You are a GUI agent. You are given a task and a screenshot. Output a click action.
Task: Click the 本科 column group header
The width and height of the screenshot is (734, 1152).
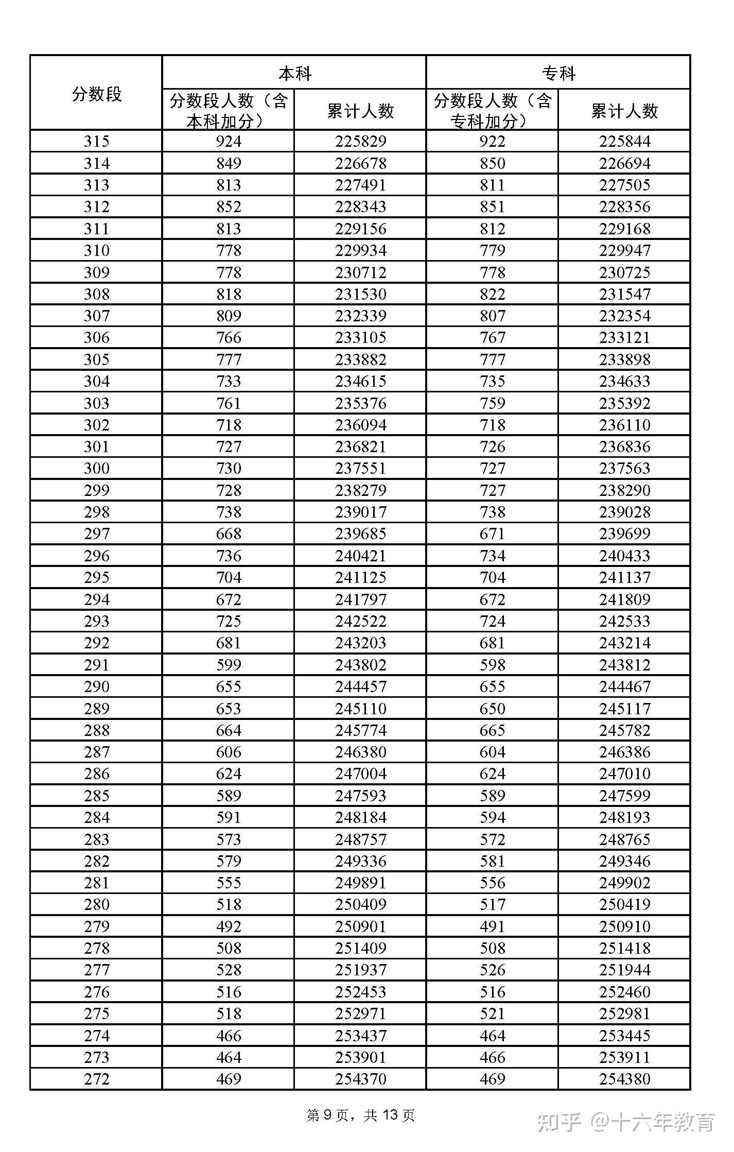pyautogui.click(x=294, y=74)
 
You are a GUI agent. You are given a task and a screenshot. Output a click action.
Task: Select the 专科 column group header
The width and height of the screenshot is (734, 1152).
pyautogui.click(x=558, y=74)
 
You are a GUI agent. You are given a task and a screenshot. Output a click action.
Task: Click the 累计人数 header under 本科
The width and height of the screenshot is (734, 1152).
pyautogui.click(x=360, y=111)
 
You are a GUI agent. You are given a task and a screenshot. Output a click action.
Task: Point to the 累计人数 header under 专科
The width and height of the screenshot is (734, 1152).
pyautogui.click(x=624, y=111)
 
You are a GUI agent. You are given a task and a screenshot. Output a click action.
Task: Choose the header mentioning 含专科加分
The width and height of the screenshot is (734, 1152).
pyautogui.click(x=492, y=111)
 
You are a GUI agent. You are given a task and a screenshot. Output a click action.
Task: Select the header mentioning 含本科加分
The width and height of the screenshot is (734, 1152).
pyautogui.click(x=229, y=111)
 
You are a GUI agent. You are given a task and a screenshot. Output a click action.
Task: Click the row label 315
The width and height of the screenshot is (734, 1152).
pyautogui.click(x=96, y=141)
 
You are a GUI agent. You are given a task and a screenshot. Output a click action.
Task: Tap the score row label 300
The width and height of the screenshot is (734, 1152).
pyautogui.click(x=96, y=468)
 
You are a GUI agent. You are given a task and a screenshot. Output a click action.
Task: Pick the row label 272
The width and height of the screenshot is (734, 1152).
pyautogui.click(x=96, y=1078)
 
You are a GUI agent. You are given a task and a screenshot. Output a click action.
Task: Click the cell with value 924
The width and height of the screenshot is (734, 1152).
pyautogui.click(x=229, y=141)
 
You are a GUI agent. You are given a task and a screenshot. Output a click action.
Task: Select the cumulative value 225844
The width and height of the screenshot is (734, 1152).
pyautogui.click(x=624, y=141)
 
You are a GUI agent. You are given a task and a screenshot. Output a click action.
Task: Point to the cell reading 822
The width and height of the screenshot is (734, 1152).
pyautogui.click(x=492, y=294)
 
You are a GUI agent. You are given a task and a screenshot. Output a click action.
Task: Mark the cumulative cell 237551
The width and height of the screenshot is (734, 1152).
pyautogui.click(x=360, y=468)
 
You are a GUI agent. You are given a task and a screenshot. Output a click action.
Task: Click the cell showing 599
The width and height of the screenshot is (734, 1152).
pyautogui.click(x=229, y=664)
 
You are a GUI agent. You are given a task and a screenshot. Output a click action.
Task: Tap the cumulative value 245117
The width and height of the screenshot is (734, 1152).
pyautogui.click(x=624, y=708)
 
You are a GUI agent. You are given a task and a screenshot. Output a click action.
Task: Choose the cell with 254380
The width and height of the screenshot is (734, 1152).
pyautogui.click(x=624, y=1078)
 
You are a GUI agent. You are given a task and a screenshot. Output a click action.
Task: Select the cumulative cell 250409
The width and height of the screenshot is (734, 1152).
pyautogui.click(x=360, y=904)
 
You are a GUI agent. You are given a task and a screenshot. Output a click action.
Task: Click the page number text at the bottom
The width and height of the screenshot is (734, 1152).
pyautogui.click(x=360, y=1115)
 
